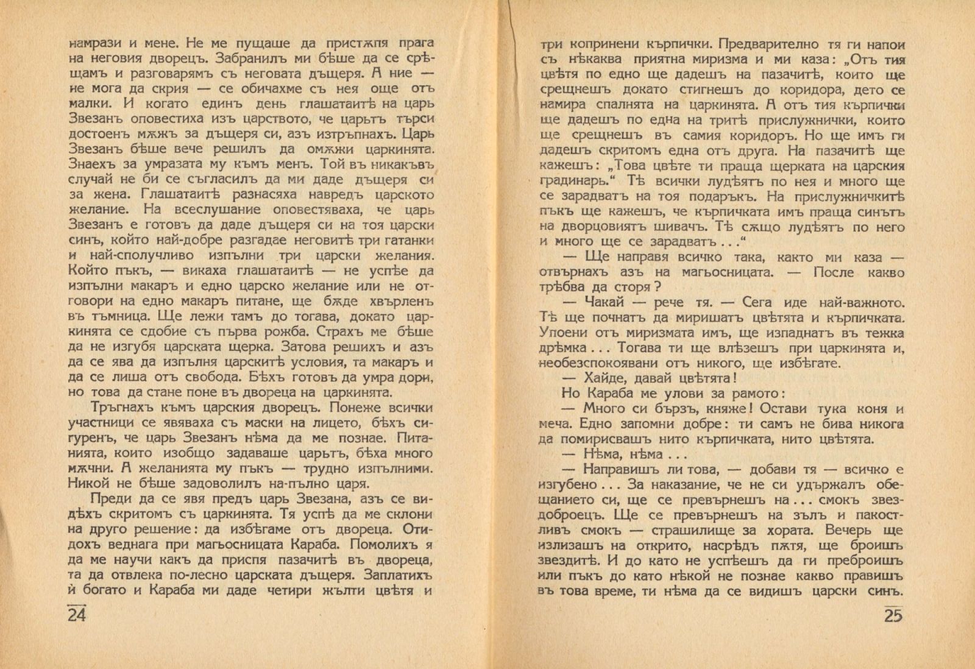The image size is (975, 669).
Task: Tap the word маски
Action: coord(257,422)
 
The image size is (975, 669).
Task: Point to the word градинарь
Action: coord(576,182)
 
